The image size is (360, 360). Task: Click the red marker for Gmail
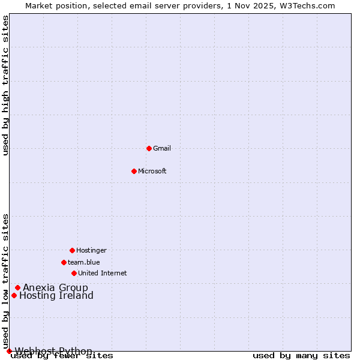[x=149, y=148]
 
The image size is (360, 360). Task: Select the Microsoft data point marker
[x=134, y=171]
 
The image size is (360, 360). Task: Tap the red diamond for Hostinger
[x=72, y=250]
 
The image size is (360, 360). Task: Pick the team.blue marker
[x=64, y=262]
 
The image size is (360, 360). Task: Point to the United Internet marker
[x=74, y=273]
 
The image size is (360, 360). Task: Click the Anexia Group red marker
[x=17, y=287]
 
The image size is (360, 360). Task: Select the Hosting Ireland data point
[x=14, y=295]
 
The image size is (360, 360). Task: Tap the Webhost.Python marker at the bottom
[x=9, y=351]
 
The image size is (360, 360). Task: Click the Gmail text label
[x=162, y=148]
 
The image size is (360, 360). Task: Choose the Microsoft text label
[x=152, y=171]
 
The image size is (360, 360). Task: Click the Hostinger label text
[x=91, y=250]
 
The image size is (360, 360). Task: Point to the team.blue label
[x=84, y=262]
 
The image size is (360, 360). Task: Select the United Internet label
[x=103, y=273]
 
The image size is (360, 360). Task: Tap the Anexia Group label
[x=55, y=287]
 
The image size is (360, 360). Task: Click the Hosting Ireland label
[x=56, y=295]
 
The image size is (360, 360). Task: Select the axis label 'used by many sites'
[x=301, y=355]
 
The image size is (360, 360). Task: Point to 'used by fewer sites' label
[x=62, y=355]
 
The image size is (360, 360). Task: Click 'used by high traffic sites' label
[x=5, y=85]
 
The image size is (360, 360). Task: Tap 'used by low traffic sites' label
[x=5, y=281]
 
